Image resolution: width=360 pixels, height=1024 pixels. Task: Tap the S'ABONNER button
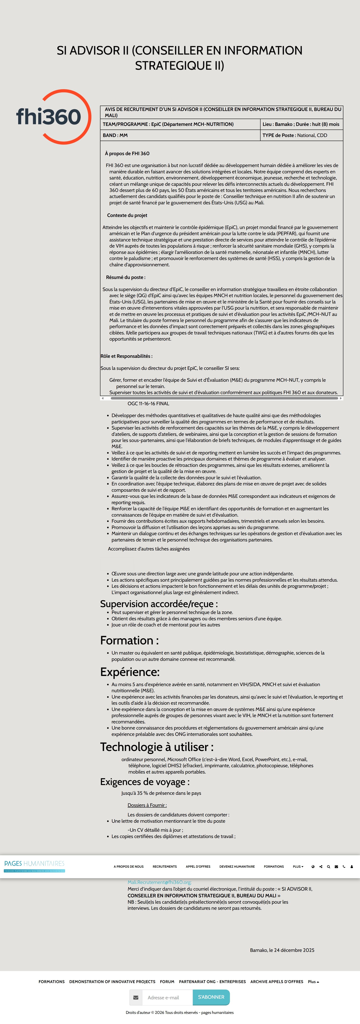click(x=211, y=997)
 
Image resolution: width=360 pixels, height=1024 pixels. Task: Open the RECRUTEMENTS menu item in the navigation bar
click(x=165, y=867)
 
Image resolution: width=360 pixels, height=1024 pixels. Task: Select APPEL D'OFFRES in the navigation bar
click(x=198, y=867)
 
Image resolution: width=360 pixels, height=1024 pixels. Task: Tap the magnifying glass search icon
click(x=329, y=867)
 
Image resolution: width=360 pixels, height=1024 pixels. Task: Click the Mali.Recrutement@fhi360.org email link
click(x=159, y=882)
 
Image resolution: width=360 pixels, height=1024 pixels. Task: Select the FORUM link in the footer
click(x=167, y=982)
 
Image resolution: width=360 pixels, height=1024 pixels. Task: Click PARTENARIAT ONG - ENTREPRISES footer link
click(x=212, y=982)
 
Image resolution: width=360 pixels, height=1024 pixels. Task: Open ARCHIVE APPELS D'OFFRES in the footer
click(x=277, y=982)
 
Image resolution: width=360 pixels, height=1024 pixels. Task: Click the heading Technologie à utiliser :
click(x=156, y=747)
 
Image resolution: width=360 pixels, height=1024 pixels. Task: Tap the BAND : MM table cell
click(x=180, y=135)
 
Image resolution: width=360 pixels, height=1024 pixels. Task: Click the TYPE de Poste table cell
click(x=301, y=135)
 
